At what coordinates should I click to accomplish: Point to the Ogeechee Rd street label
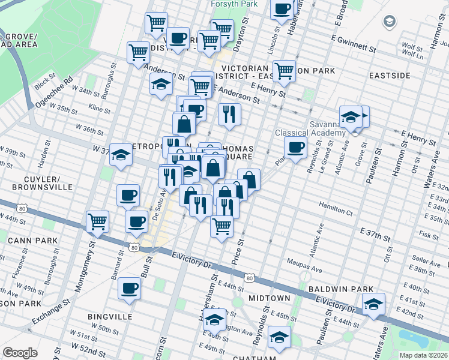(x=53, y=89)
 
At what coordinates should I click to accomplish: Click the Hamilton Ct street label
(x=335, y=210)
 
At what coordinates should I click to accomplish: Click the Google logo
(x=20, y=353)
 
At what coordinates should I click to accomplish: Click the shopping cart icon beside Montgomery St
(x=98, y=221)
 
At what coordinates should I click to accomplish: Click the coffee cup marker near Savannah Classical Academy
(x=295, y=148)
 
